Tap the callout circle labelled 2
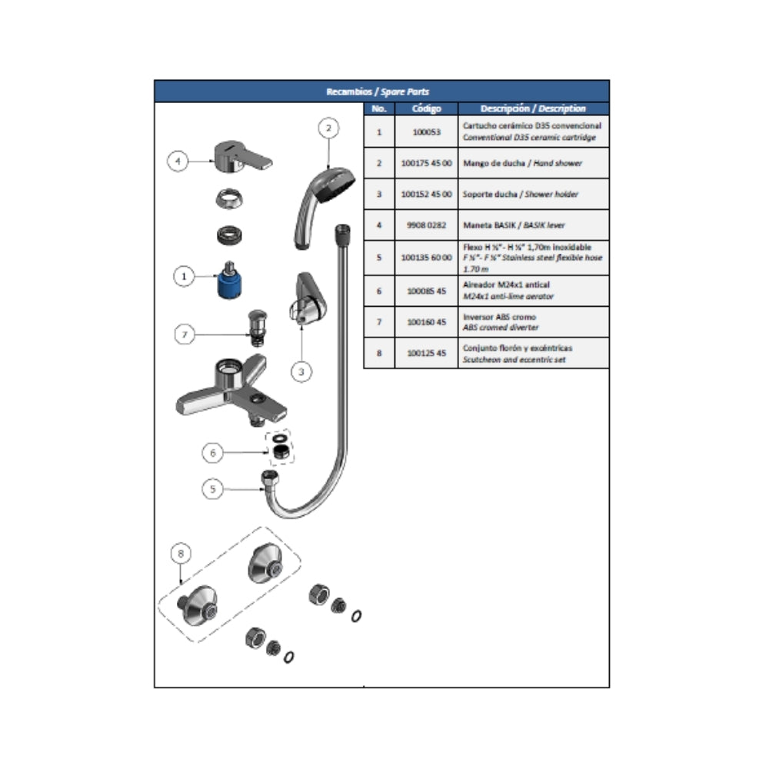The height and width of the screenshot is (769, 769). (x=328, y=128)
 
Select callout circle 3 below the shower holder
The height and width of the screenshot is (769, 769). (x=301, y=371)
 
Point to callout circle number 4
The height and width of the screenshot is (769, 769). (x=178, y=161)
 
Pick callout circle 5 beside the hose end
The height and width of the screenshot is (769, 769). (x=213, y=488)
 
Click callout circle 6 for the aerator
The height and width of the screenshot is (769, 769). (x=213, y=453)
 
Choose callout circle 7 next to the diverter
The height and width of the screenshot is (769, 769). (x=185, y=335)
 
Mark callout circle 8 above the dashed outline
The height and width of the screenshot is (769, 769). (x=181, y=552)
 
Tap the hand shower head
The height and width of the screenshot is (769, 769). (x=327, y=188)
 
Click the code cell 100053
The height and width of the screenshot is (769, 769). (x=426, y=131)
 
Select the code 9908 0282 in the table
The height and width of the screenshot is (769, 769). (x=426, y=225)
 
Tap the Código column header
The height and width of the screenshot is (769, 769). (x=426, y=109)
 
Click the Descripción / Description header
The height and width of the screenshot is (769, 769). (x=533, y=109)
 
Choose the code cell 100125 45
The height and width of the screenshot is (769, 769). (x=426, y=354)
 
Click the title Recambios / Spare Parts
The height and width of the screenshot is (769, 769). (x=381, y=92)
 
